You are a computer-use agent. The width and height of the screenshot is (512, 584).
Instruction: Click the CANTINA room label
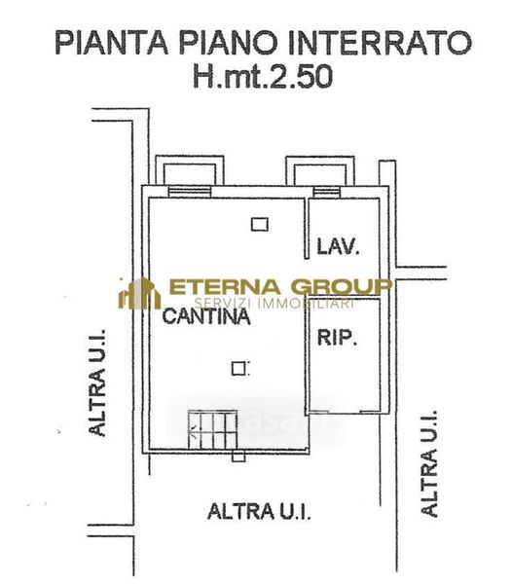206,316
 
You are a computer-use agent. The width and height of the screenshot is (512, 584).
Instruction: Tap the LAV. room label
338,246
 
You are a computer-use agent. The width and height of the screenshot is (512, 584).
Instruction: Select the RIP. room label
337,338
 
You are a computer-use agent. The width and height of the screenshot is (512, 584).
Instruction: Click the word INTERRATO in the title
380,43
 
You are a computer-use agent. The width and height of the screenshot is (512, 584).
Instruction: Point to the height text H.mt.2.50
263,76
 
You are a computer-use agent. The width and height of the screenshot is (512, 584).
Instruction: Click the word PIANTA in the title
112,43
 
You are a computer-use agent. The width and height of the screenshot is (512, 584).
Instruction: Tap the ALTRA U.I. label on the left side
97,383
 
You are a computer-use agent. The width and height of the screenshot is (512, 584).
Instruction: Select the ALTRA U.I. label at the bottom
259,511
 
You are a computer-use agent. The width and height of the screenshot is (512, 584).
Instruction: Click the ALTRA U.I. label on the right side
429,463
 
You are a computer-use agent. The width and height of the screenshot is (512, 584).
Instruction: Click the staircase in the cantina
212,429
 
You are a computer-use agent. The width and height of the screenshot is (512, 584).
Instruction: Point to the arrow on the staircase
194,432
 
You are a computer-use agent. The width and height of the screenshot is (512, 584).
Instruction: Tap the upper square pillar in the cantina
260,225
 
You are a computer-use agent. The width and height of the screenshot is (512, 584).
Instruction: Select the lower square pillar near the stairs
238,369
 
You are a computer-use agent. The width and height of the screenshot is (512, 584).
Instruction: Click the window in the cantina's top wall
190,192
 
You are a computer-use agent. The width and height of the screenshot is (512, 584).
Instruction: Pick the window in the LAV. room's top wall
326,192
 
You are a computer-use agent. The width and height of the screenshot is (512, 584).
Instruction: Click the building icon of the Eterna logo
139,294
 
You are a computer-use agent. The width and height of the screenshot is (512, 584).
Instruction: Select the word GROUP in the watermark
342,286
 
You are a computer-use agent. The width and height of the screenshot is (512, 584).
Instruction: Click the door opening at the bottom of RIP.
344,412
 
